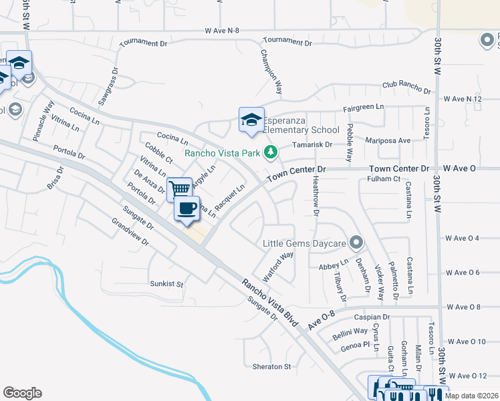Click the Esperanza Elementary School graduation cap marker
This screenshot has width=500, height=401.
251,120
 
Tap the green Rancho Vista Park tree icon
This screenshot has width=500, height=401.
270,153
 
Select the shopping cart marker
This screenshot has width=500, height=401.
179,189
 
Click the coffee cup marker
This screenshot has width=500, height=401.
187,208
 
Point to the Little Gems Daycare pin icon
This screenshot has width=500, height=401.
357,243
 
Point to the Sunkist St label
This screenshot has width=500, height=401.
166,283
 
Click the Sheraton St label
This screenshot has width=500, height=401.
272,366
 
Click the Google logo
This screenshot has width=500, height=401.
22,393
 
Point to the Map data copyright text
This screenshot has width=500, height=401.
471,396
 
